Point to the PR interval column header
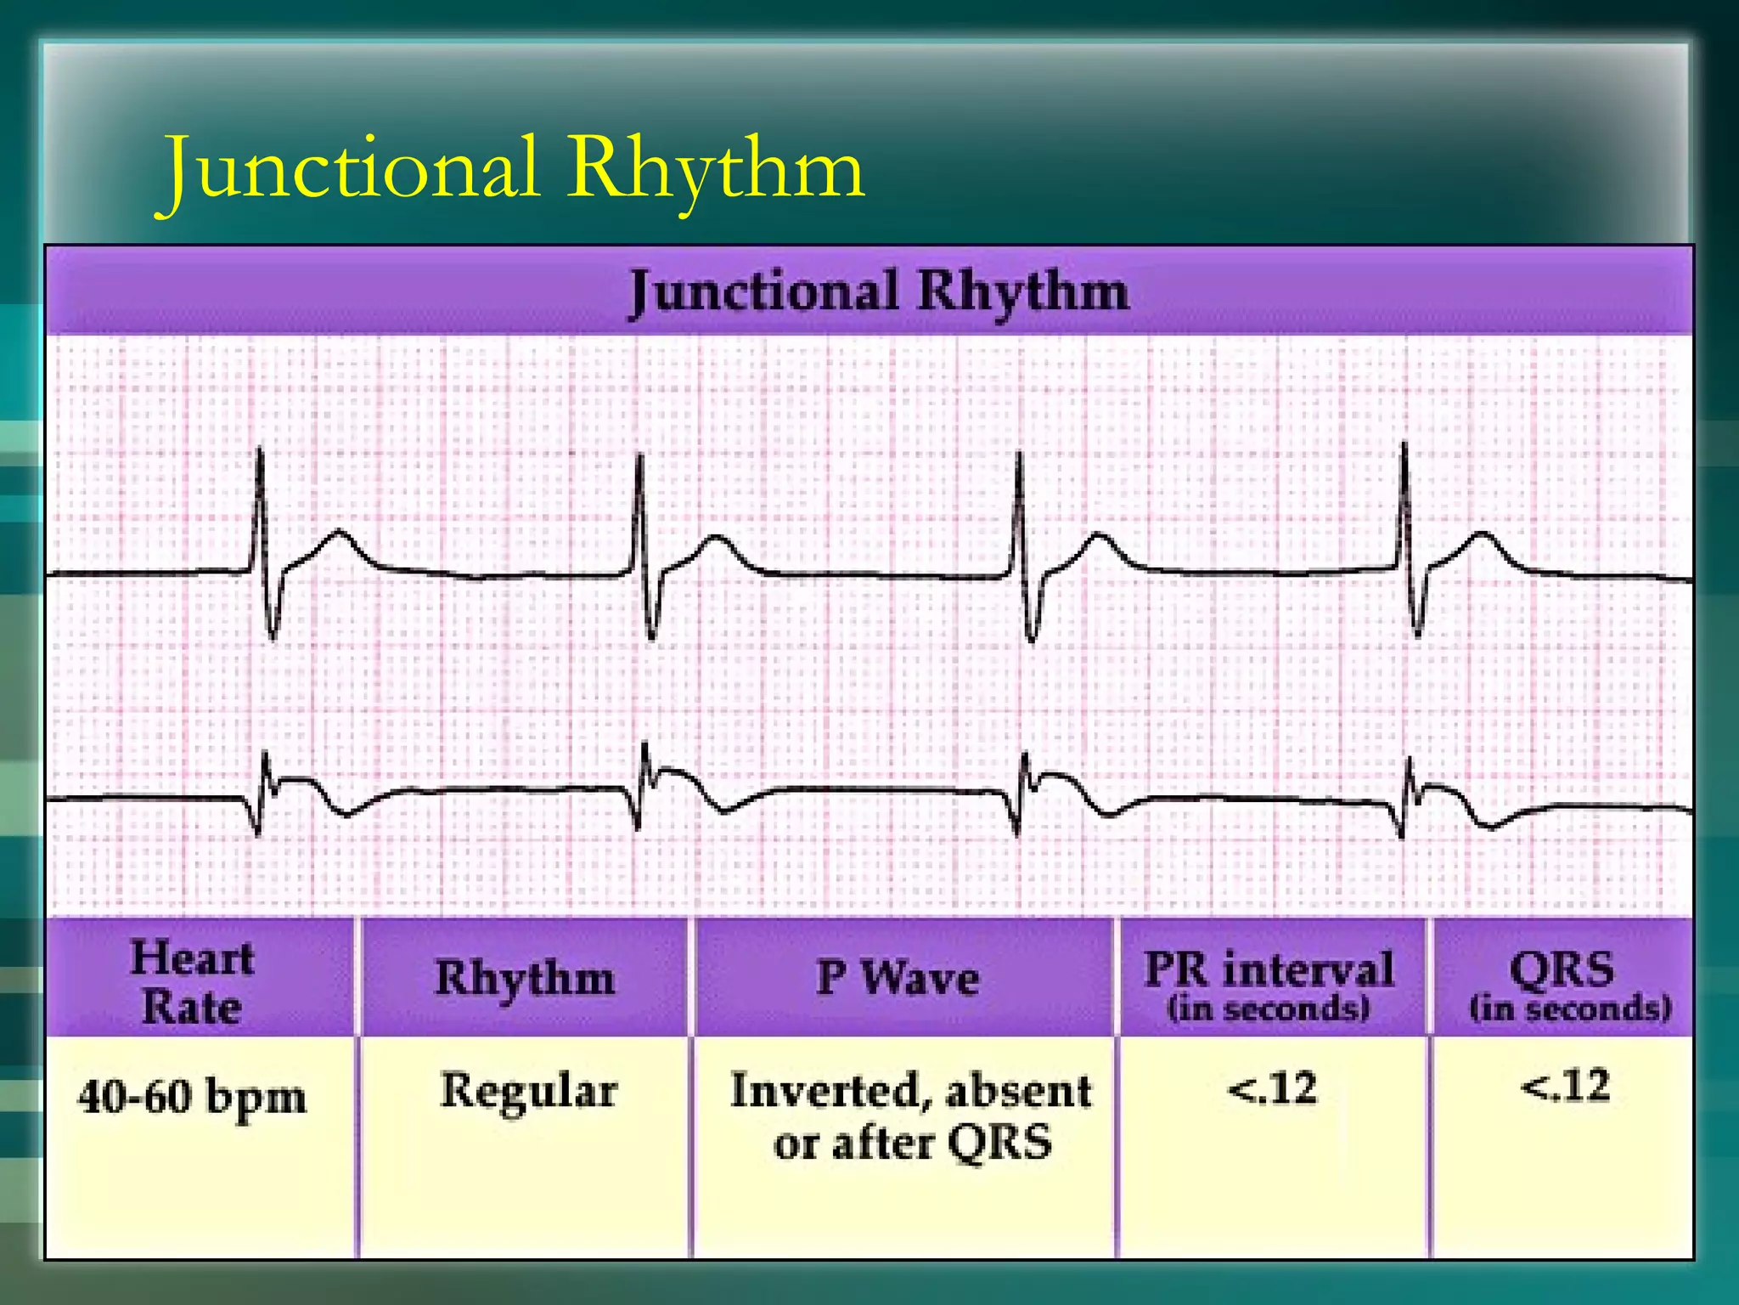pyautogui.click(x=1269, y=969)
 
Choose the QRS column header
pyautogui.click(x=1562, y=969)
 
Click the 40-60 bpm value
pyautogui.click(x=192, y=1097)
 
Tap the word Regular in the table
pyautogui.click(x=528, y=1091)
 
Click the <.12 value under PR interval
pyautogui.click(x=1272, y=1088)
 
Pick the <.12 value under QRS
pyautogui.click(x=1565, y=1087)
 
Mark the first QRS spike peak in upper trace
pyautogui.click(x=260, y=450)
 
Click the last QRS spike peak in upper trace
pyautogui.click(x=1404, y=445)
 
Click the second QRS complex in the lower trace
pyautogui.click(x=644, y=782)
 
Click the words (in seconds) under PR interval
pyautogui.click(x=1269, y=1008)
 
